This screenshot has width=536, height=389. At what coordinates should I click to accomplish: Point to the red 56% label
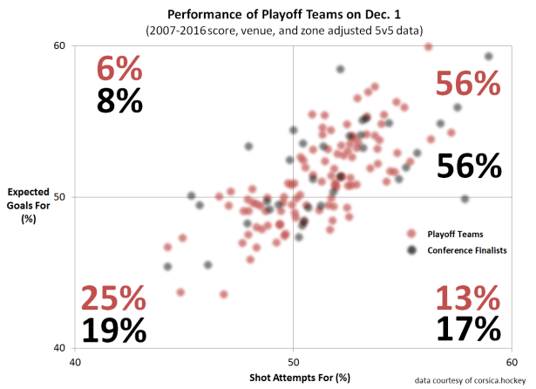tap(468, 84)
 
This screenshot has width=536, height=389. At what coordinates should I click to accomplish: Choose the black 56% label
tap(470, 165)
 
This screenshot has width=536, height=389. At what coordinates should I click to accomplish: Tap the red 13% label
tap(468, 299)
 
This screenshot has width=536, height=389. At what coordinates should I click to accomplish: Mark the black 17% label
tap(468, 329)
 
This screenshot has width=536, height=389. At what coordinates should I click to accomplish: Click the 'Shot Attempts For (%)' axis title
tap(294, 378)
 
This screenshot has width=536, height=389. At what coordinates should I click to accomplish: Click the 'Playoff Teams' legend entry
tap(455, 234)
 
